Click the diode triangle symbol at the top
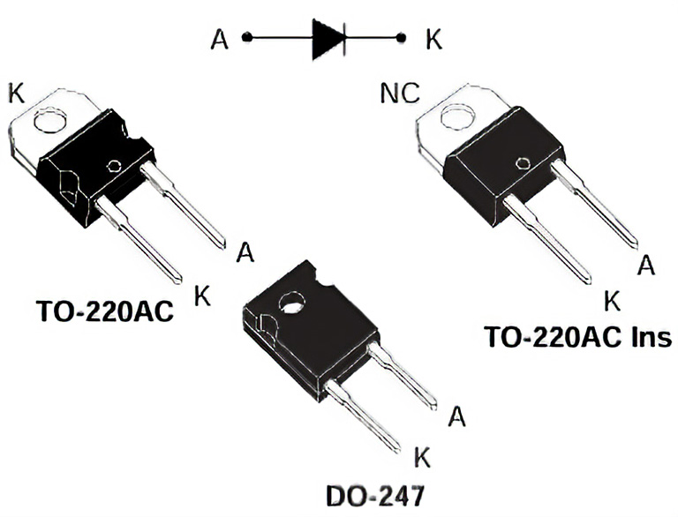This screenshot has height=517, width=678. click(x=328, y=39)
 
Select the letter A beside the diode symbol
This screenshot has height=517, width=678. click(x=220, y=39)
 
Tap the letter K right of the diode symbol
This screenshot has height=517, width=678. click(x=433, y=39)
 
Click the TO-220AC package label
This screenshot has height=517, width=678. click(x=105, y=311)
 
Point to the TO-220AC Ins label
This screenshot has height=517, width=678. click(x=577, y=336)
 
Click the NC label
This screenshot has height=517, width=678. click(x=399, y=94)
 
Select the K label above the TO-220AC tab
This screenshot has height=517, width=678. click(x=16, y=92)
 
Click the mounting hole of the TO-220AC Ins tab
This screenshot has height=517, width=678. click(x=457, y=116)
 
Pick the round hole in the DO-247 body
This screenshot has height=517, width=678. click(x=290, y=305)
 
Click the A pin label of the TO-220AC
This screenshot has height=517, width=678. click(x=245, y=253)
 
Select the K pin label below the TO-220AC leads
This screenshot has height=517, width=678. click(x=203, y=296)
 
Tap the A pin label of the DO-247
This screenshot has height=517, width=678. click(x=456, y=416)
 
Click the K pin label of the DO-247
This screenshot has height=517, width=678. click(x=422, y=457)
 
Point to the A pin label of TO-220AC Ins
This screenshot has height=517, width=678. click(x=646, y=266)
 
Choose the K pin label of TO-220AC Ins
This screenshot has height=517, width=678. click(x=611, y=301)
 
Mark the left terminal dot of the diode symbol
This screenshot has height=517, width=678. click(x=247, y=38)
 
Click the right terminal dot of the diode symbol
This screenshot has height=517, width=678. click(x=402, y=38)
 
